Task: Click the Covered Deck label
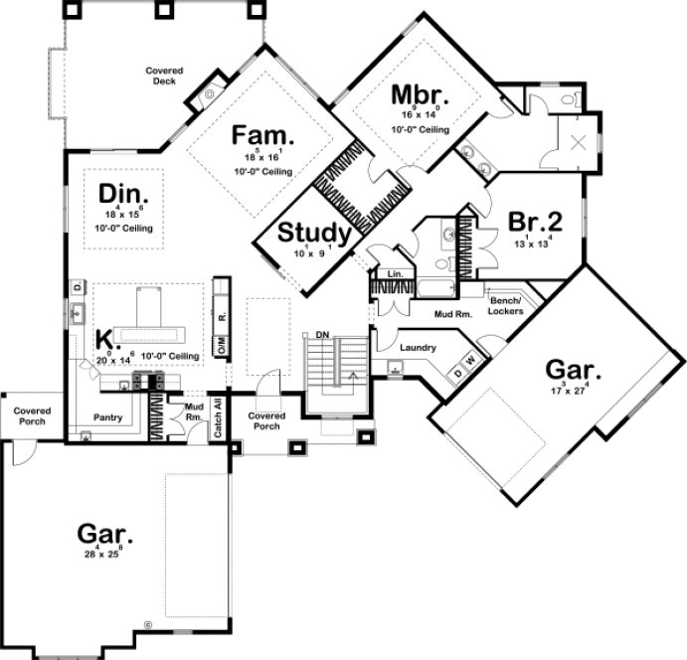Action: pyautogui.click(x=161, y=76)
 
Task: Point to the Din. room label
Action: pyautogui.click(x=124, y=191)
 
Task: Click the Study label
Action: pyautogui.click(x=313, y=234)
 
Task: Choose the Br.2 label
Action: pyautogui.click(x=536, y=221)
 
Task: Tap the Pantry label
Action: pyautogui.click(x=107, y=417)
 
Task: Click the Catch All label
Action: pyautogui.click(x=219, y=418)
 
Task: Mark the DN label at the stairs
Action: pyautogui.click(x=321, y=335)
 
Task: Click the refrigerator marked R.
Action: pyautogui.click(x=222, y=316)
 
